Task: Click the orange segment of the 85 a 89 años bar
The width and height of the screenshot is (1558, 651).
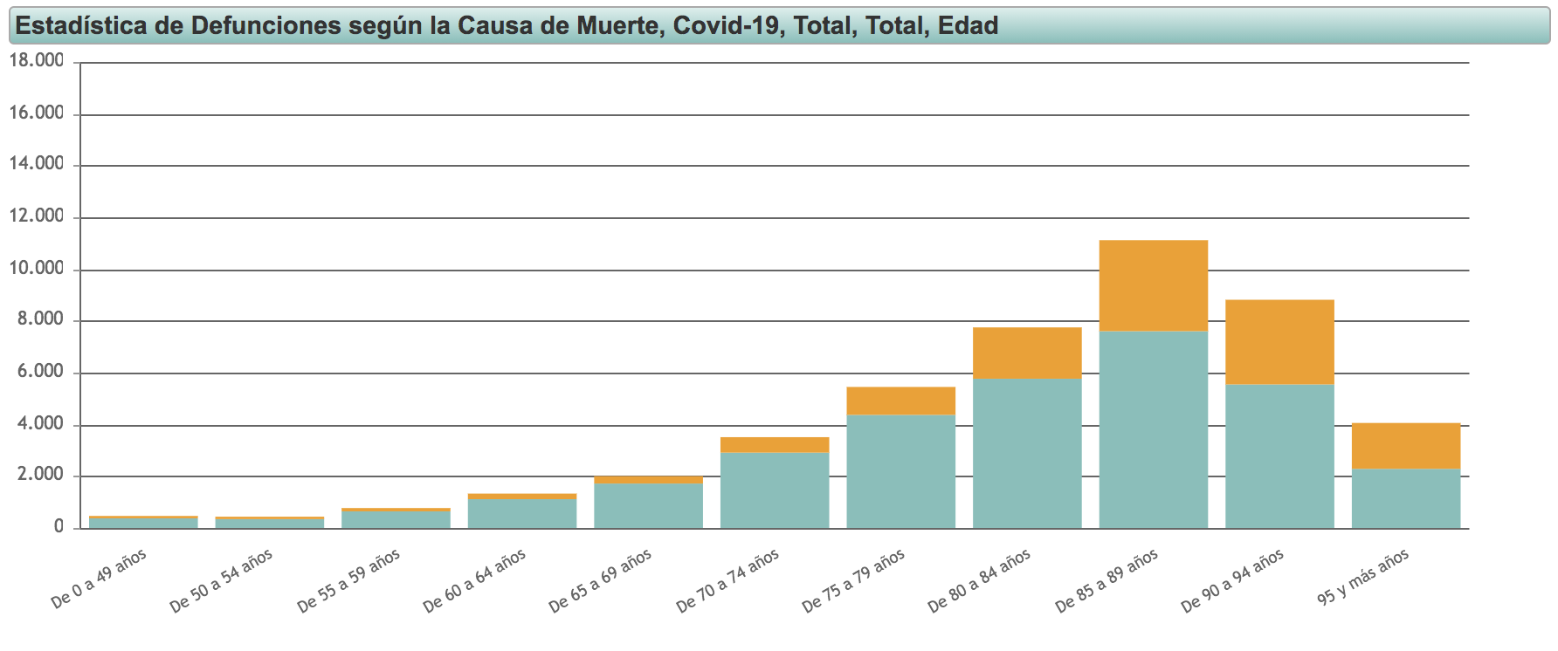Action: pos(1153,285)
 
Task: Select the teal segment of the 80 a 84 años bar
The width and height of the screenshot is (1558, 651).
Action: pos(1027,453)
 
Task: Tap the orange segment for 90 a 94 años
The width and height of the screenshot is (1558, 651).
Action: pos(1279,342)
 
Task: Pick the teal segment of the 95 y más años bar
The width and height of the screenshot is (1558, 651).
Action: pos(1406,498)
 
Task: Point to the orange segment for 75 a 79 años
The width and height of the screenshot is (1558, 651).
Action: pos(900,401)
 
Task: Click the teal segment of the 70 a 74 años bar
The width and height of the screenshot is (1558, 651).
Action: pos(775,490)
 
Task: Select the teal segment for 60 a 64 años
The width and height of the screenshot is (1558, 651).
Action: pos(522,513)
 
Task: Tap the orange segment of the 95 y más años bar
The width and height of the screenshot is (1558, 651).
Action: pos(1406,446)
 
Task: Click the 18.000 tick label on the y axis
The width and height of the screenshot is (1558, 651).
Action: pos(37,61)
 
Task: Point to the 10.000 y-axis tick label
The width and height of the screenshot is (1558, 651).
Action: pos(37,269)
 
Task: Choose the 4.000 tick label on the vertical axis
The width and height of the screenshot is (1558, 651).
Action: pos(37,424)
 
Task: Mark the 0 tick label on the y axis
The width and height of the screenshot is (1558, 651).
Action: pos(59,527)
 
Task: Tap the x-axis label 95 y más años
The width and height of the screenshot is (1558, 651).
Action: pos(1362,578)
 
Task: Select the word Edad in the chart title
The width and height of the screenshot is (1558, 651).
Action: pos(968,25)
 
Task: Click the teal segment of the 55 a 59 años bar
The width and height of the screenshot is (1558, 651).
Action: pos(396,519)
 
